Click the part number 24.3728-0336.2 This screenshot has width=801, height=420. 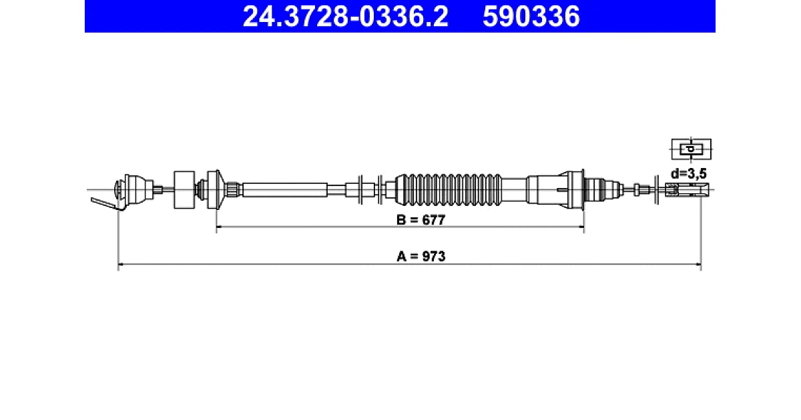(x=346, y=17)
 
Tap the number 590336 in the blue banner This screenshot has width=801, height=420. (x=531, y=17)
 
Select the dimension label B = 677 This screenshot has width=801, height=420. (x=421, y=220)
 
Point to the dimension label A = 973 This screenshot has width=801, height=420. (x=421, y=257)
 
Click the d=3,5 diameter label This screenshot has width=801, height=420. (x=688, y=174)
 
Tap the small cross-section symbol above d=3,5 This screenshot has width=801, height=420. (x=692, y=149)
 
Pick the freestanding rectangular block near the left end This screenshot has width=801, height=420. (x=184, y=189)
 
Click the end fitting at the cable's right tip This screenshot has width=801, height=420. (x=687, y=189)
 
